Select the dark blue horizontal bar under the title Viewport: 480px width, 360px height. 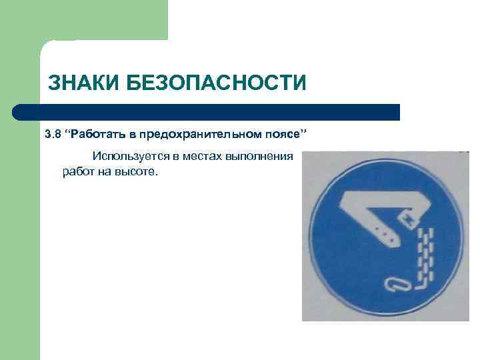(207, 112)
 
